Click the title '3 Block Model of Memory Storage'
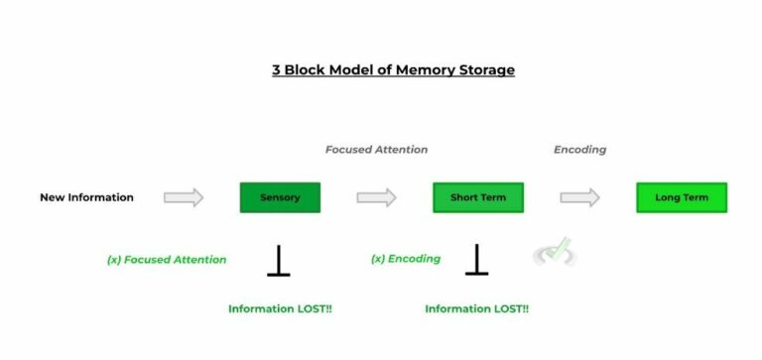pos(394,70)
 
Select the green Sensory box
pos(280,197)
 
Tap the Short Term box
pos(477,197)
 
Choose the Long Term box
pos(681,197)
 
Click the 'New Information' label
pos(86,197)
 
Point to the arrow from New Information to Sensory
pos(184,197)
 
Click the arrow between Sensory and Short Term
pos(376,197)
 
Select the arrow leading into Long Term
pos(579,197)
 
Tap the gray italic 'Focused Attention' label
pos(376,150)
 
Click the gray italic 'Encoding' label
pos(579,150)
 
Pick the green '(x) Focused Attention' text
pos(167,260)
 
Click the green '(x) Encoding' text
pos(405,260)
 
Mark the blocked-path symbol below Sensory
pos(279,260)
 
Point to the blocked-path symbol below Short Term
pos(477,260)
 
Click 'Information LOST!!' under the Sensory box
pos(280,309)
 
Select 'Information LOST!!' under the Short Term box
pos(476,309)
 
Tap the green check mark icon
pos(556,252)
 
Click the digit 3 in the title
pos(277,70)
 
